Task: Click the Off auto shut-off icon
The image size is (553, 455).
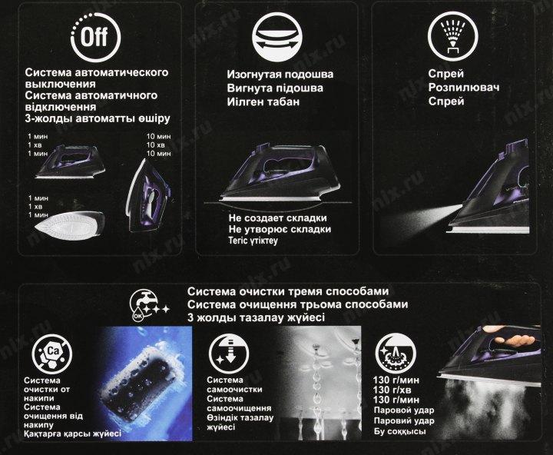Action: click(95, 37)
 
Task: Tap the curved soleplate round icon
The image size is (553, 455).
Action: click(276, 36)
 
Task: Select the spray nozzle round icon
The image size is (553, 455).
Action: click(452, 36)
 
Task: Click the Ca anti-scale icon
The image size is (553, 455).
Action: click(52, 354)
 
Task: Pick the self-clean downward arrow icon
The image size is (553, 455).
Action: click(229, 353)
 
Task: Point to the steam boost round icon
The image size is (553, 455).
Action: click(396, 353)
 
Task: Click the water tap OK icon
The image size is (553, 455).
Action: click(148, 306)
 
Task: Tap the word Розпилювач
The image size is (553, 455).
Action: click(464, 88)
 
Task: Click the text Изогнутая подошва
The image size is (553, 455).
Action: click(280, 75)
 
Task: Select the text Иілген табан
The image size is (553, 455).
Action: click(263, 101)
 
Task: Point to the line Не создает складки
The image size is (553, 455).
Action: click(277, 218)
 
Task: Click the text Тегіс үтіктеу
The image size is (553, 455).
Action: click(253, 241)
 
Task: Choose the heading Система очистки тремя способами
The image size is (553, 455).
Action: click(288, 291)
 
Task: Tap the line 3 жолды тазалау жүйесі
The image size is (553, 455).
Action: click(256, 317)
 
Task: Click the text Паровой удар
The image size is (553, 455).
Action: click(404, 410)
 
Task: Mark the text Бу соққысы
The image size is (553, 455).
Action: click(399, 431)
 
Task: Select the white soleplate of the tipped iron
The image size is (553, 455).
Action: click(68, 227)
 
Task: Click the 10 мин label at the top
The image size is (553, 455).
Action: click(158, 136)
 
